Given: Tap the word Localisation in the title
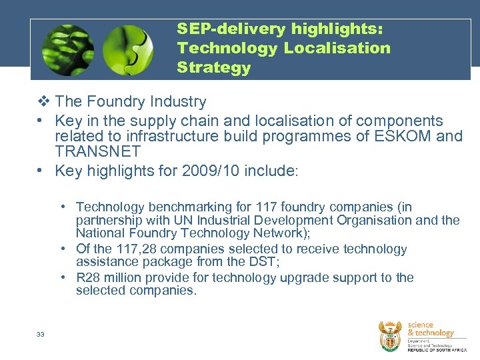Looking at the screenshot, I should tap(337, 49).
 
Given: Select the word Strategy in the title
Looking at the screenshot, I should tap(213, 68).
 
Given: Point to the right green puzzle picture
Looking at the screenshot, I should tap(127, 50).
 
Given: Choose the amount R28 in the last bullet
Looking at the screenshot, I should tap(87, 278).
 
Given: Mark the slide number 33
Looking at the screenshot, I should tap(41, 335).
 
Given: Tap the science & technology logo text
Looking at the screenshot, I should tap(430, 329).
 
